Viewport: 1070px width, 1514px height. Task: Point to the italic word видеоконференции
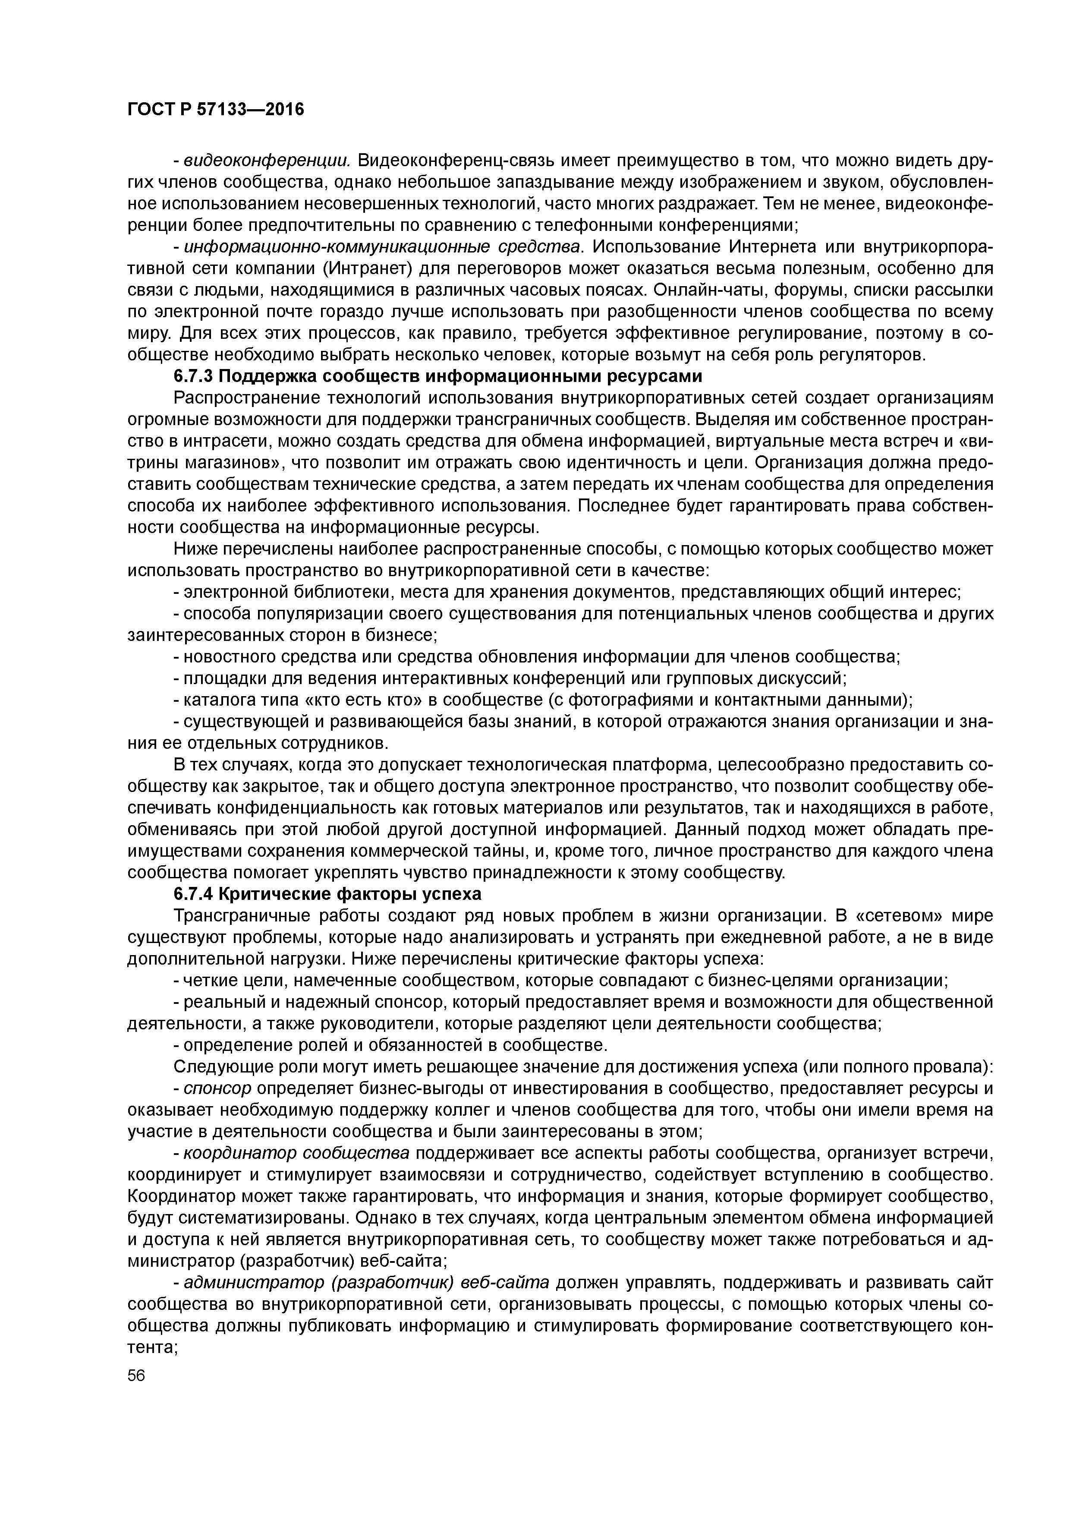266,161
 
